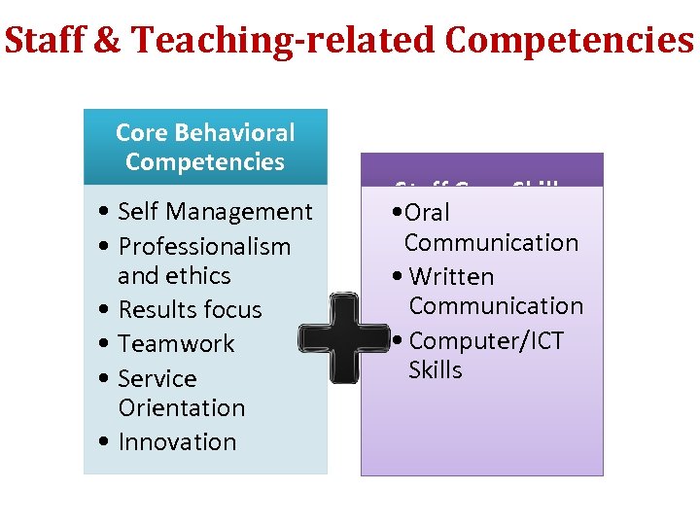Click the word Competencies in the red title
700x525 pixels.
pos(569,41)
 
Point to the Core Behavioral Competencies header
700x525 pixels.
pos(205,147)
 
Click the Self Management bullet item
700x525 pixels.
pos(215,211)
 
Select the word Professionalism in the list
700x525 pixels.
pos(204,246)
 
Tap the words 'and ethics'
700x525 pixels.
pos(174,275)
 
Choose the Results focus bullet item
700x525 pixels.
pos(190,309)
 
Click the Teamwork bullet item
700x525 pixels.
pos(176,343)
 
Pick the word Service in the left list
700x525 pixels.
pos(157,378)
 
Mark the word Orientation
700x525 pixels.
pos(181,407)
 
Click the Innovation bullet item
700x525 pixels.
pos(177,441)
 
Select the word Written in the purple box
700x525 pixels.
pos(451,276)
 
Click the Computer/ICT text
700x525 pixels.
pos(486,340)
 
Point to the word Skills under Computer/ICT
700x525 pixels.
pos(435,370)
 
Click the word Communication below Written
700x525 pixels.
pos(496,305)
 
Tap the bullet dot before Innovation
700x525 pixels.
pos(104,442)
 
